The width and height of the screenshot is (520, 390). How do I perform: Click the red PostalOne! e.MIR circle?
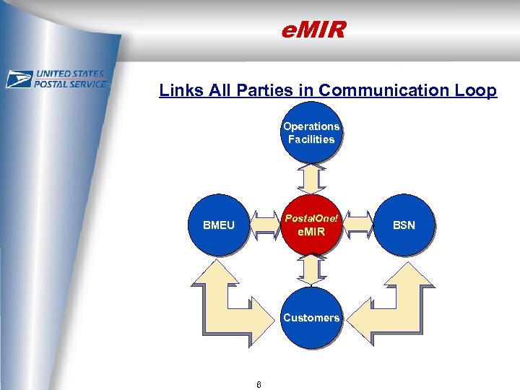click(x=311, y=225)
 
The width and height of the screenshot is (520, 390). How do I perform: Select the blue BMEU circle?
click(x=219, y=225)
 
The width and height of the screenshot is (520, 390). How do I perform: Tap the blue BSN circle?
click(x=404, y=225)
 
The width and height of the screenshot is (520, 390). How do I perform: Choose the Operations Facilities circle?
click(x=311, y=133)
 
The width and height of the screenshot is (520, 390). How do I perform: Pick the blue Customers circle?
click(x=311, y=317)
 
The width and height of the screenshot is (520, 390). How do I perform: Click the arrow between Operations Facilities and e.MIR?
click(x=311, y=178)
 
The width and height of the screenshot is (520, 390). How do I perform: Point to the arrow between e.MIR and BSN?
click(x=357, y=225)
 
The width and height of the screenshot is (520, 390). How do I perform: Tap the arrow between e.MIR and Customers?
click(x=311, y=271)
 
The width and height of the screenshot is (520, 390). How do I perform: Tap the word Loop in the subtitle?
click(x=477, y=90)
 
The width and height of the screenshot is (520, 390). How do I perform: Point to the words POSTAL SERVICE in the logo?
click(x=71, y=84)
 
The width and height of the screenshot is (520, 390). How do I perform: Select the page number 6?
click(x=259, y=383)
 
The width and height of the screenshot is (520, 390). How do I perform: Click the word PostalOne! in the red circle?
click(x=311, y=218)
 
